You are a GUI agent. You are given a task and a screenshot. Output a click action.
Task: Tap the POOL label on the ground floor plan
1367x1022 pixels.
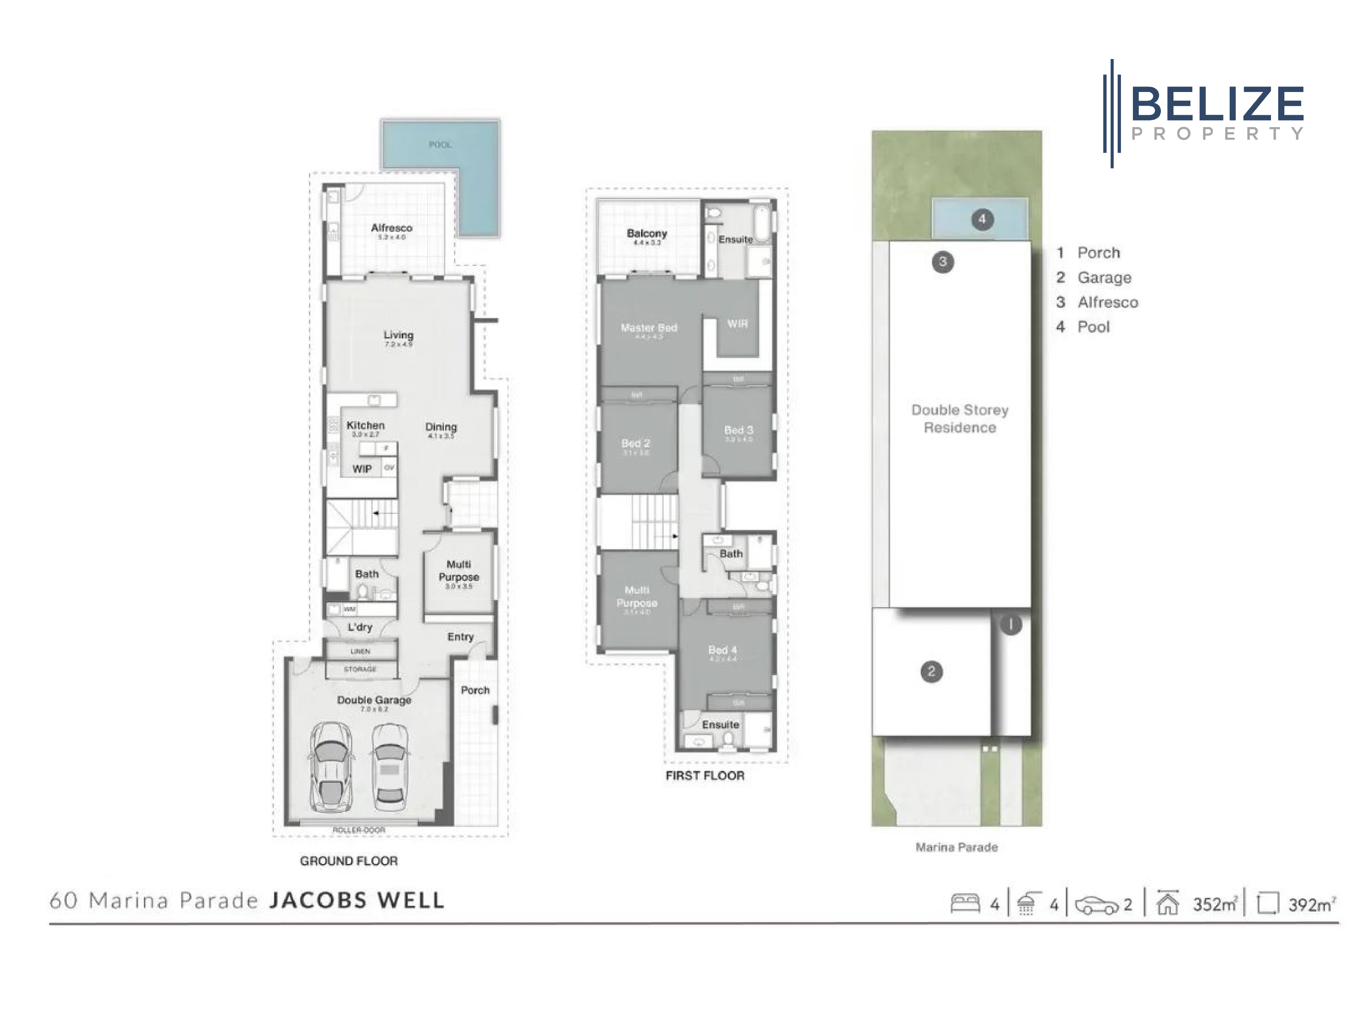click(440, 144)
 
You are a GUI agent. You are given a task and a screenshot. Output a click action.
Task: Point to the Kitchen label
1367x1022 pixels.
click(365, 426)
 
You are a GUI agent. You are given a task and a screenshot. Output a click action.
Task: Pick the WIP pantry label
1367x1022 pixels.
click(362, 469)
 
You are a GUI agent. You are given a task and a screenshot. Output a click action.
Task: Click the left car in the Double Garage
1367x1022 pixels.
click(332, 766)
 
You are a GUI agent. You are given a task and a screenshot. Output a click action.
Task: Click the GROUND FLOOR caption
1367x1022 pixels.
click(349, 861)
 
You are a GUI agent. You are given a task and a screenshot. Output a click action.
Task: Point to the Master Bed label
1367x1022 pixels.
click(649, 328)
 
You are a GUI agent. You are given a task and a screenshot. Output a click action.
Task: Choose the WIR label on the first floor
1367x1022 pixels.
click(737, 323)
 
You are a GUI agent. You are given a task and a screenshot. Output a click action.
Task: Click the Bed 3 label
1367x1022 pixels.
click(739, 430)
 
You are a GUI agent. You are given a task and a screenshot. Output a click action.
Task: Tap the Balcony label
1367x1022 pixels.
click(647, 234)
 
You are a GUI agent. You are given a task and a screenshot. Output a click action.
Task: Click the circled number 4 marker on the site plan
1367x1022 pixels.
click(982, 219)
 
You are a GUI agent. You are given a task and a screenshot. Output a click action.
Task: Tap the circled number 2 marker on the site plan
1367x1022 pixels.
click(931, 671)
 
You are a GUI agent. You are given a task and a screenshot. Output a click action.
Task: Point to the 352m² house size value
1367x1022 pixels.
click(1214, 905)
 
